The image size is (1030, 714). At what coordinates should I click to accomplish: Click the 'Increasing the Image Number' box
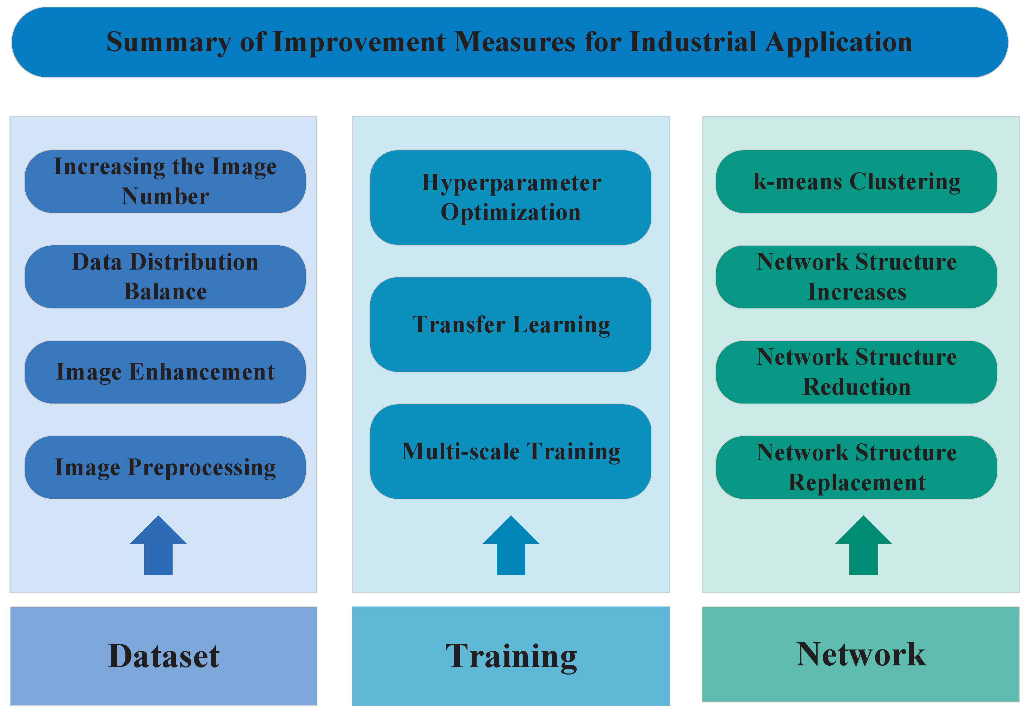point(165,181)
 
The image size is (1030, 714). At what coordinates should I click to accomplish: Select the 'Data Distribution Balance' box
point(165,277)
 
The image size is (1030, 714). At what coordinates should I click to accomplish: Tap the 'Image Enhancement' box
point(165,372)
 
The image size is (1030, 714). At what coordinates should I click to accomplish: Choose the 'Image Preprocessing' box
point(165,467)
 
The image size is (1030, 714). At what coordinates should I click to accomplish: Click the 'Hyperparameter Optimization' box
point(510,197)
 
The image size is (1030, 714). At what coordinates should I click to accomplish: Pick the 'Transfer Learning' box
point(510,324)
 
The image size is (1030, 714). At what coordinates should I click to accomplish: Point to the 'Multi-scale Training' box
point(510,451)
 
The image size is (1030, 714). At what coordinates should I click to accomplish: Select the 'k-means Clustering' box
point(856,181)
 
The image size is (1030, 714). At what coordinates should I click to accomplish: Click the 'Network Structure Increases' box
point(856,277)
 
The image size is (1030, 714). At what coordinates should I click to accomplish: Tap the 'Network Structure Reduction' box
point(856,372)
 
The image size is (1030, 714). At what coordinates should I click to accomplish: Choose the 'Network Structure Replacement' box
point(856,467)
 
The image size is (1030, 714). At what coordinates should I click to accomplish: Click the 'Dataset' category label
point(163,656)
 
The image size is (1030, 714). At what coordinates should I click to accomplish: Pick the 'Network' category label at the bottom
point(861,654)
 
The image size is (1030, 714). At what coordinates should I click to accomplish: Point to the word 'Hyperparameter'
point(511,183)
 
